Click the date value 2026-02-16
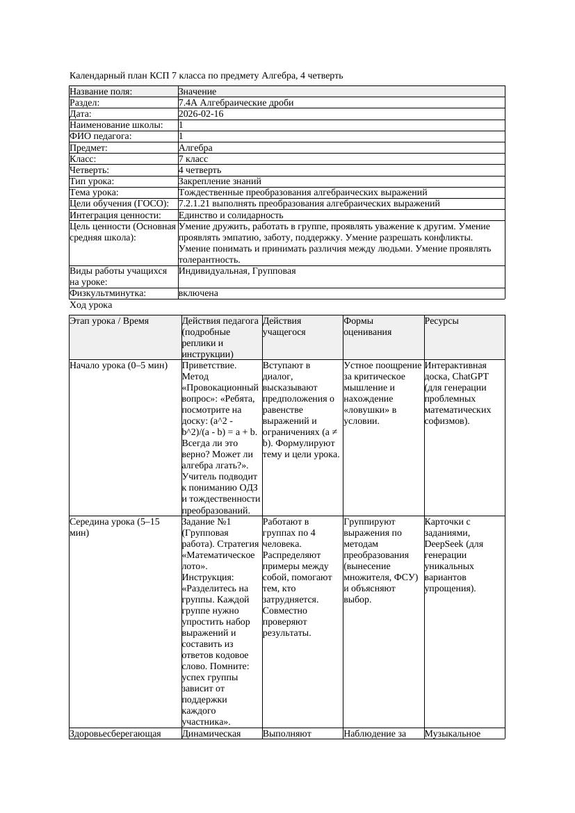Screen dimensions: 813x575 pyautogui.click(x=201, y=114)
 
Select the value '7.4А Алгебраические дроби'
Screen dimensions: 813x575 pyautogui.click(x=236, y=103)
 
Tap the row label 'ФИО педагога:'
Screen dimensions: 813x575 pyautogui.click(x=101, y=136)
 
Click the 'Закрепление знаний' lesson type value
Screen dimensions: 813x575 pyautogui.click(x=220, y=181)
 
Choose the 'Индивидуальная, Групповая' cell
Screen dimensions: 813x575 pyautogui.click(x=237, y=271)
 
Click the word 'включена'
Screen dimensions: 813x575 pyautogui.click(x=198, y=293)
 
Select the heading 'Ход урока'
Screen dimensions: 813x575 pyautogui.click(x=91, y=305)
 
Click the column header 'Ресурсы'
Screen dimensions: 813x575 pyautogui.click(x=442, y=321)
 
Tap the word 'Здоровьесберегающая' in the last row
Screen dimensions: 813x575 pyautogui.click(x=115, y=733)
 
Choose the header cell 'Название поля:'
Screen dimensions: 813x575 pyautogui.click(x=101, y=92)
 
